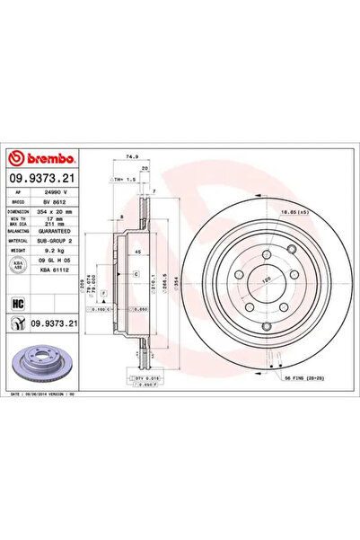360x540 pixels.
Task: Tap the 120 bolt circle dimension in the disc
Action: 264,279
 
